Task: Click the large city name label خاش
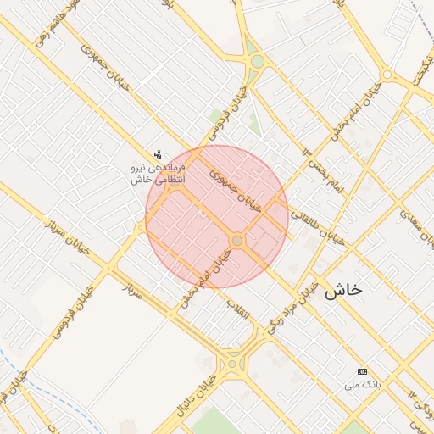point(342,289)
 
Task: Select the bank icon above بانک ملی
point(363,371)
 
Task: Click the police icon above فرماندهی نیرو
point(158,154)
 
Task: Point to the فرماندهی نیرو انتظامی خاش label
point(157,175)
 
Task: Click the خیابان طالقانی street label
point(319,229)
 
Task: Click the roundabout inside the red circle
point(237,242)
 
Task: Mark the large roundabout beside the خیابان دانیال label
point(231,365)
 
